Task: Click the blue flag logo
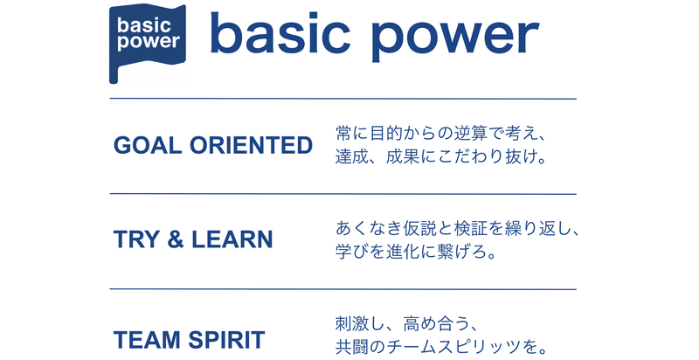coord(147,42)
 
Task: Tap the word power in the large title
coord(455,39)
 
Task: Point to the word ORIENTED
coord(251,145)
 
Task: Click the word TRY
coord(136,239)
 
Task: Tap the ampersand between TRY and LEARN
coord(176,239)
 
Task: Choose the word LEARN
coord(232,239)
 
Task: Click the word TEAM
coord(147,340)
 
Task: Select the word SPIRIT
coord(226,340)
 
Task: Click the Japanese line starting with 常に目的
coord(440,133)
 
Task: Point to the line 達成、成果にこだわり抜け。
coord(441,156)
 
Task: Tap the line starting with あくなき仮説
coord(457,229)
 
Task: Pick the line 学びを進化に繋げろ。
coord(416,252)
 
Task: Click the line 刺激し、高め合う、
coord(406,324)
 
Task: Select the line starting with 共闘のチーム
coord(441,347)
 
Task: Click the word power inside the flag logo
coord(149,42)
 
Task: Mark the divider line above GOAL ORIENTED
coord(343,99)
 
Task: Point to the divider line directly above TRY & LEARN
coord(343,194)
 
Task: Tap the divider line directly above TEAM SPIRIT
coord(343,289)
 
